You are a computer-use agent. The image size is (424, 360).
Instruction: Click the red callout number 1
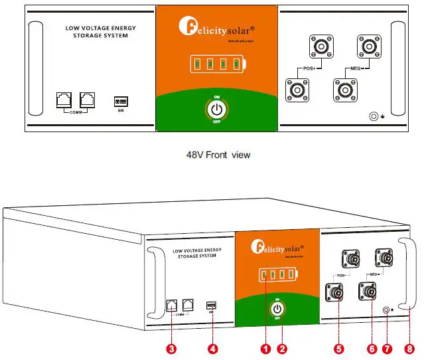click(265, 347)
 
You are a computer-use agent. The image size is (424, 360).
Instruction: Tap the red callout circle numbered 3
click(171, 347)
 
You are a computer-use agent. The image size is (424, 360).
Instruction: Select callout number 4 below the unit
click(212, 347)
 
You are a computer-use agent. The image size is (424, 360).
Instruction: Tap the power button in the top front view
click(216, 108)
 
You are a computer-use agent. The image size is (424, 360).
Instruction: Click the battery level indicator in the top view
click(217, 64)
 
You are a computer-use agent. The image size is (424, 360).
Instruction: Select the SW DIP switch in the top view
click(121, 102)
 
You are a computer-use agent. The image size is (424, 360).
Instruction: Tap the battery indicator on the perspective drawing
click(276, 274)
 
